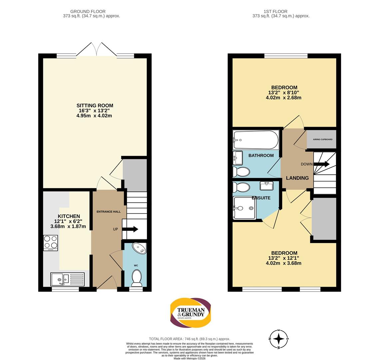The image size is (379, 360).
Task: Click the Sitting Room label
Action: tap(95, 105)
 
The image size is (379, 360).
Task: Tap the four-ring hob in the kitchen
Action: tap(51, 243)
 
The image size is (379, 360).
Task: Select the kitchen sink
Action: tap(68, 279)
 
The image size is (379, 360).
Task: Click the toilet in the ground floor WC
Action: tap(137, 278)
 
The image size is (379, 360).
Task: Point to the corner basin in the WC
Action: tap(140, 248)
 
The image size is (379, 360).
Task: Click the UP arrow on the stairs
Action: tap(130, 229)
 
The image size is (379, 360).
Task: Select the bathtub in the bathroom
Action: tap(256, 140)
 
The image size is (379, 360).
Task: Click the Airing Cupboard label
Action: tap(323, 139)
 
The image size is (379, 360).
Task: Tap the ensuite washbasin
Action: tap(267, 186)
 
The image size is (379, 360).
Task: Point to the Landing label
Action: tap(297, 178)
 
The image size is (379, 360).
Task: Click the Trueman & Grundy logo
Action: tap(190, 313)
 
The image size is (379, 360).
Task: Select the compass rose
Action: tap(279, 339)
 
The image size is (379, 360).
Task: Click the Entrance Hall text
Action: tap(109, 212)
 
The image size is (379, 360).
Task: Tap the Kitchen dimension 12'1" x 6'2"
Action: tap(68, 221)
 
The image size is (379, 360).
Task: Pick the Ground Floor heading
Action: tap(88, 11)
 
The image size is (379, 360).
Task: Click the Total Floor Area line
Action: tap(189, 339)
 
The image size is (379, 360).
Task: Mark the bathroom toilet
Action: tap(241, 172)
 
